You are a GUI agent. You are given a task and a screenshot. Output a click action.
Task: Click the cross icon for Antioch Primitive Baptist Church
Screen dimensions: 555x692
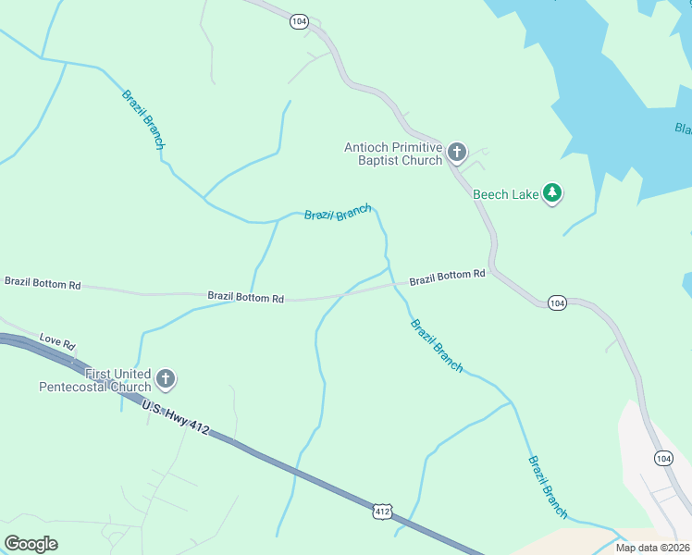point(456,152)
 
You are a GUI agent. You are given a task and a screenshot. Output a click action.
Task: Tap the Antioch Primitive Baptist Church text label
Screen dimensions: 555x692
point(393,154)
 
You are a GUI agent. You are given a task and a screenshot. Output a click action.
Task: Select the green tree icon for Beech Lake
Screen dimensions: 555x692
point(552,192)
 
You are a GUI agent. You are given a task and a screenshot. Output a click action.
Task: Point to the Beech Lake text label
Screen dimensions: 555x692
point(505,194)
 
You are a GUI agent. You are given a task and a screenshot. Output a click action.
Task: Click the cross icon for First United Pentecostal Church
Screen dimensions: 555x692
point(166,378)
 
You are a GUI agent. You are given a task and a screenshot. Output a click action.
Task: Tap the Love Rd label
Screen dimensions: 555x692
point(56,342)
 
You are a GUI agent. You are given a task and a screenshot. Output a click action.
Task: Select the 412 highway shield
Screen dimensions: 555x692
point(383,511)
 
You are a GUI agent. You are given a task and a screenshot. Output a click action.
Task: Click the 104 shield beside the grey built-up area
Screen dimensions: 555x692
point(663,458)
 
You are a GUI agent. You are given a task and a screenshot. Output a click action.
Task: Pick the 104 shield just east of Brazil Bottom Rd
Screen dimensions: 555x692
point(556,302)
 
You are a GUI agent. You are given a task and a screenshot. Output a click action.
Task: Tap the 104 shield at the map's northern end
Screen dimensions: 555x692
point(298,20)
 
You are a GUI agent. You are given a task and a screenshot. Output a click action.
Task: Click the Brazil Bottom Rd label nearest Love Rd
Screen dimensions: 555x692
point(43,282)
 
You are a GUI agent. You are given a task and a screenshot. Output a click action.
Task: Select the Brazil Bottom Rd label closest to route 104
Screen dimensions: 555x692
point(448,276)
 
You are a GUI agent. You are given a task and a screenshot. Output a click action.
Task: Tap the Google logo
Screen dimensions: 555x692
point(31,544)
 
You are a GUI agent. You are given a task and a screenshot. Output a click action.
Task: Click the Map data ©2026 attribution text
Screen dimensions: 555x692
point(652,548)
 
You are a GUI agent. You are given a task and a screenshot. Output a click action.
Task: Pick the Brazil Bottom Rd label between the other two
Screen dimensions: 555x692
point(245,297)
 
